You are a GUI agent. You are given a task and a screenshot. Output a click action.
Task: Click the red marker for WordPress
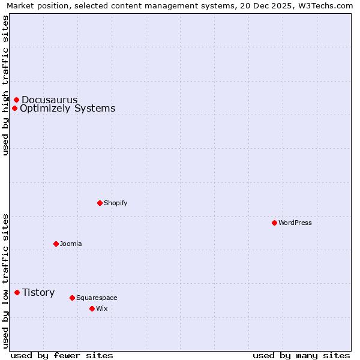274,223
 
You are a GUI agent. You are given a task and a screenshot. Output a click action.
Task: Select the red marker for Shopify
100,203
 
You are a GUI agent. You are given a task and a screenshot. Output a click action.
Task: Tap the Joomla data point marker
56,244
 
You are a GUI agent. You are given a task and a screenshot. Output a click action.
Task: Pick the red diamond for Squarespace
72,298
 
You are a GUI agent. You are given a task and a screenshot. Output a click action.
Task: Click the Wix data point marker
92,308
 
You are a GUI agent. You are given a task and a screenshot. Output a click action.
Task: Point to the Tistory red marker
17,292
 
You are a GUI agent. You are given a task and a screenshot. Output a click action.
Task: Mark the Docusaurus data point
16,100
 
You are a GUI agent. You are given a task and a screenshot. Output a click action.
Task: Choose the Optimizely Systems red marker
14,108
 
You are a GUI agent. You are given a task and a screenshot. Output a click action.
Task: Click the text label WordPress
295,223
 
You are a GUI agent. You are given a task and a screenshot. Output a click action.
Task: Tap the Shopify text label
116,203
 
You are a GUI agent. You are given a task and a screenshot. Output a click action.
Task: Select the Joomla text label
71,244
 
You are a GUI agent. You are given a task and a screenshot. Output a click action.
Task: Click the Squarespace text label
97,298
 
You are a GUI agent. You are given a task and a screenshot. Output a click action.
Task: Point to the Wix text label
102,308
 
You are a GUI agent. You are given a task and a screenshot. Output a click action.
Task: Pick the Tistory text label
38,292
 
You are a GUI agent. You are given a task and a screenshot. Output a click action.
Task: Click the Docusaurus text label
50,100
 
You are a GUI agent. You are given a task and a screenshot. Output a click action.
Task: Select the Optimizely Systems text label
67,108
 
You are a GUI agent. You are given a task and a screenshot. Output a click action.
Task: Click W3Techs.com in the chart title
327,6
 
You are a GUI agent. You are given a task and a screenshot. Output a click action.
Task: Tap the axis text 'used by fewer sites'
62,355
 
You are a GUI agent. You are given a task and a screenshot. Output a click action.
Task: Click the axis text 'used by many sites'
301,355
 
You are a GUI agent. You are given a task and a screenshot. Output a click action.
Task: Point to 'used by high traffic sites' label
6,85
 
